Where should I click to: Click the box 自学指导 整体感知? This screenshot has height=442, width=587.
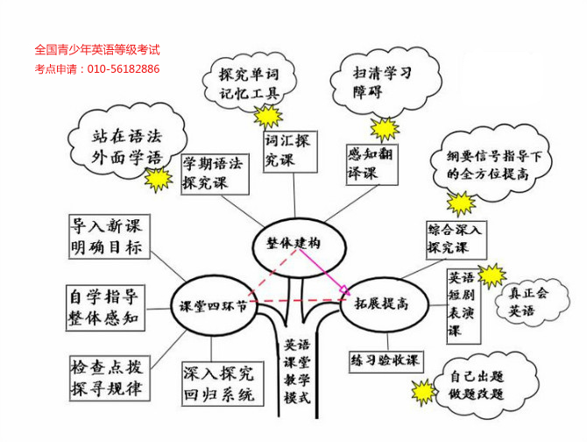pos(103,306)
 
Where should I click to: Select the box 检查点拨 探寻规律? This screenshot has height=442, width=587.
pos(106,375)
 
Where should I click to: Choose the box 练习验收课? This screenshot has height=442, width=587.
pos(385,360)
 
